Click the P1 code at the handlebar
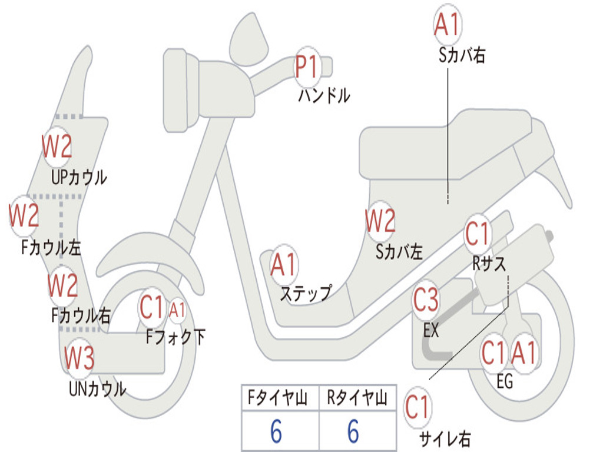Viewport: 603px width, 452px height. tap(306, 67)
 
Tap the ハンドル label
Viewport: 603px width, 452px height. tap(323, 95)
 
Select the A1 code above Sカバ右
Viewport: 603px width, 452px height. tap(447, 25)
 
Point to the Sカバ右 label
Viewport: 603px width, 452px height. tap(462, 56)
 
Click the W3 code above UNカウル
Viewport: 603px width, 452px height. tap(79, 358)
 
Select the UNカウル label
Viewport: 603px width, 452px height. tap(97, 388)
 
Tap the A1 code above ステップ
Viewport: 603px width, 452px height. tap(284, 265)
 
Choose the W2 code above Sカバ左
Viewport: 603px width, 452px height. tap(380, 221)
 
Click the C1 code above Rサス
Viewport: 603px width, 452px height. tap(478, 234)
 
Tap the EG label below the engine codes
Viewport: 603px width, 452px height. tap(505, 381)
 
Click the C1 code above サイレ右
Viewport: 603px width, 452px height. tap(418, 407)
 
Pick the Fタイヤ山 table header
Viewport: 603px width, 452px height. tap(276, 400)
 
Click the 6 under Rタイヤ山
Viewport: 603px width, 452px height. tap(353, 431)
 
